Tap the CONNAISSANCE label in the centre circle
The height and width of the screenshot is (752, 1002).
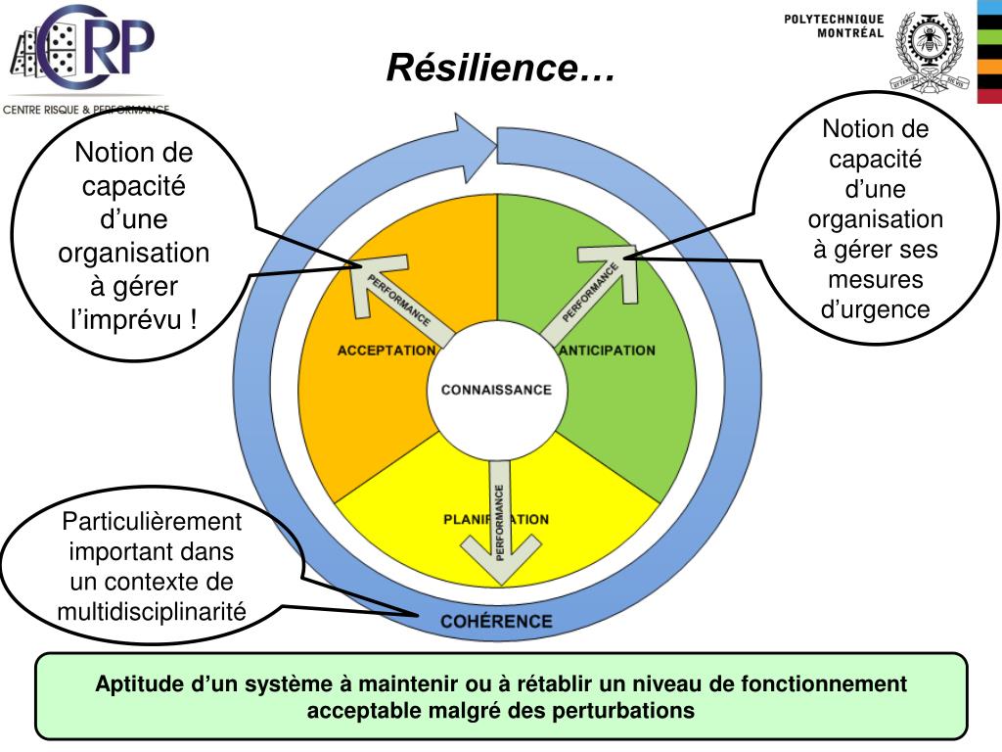(496, 390)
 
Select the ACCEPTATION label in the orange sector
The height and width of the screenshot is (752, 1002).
(386, 351)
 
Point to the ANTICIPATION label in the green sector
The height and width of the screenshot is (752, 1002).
(608, 351)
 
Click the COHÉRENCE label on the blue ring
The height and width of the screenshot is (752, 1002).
(496, 621)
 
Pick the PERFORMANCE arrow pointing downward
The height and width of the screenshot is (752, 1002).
(498, 529)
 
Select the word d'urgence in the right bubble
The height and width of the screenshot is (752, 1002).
(875, 310)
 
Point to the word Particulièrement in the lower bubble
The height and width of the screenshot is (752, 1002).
(151, 522)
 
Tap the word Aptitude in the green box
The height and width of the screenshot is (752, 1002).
(132, 684)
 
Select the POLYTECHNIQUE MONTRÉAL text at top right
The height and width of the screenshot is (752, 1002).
(835, 25)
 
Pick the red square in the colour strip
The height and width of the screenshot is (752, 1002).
(990, 95)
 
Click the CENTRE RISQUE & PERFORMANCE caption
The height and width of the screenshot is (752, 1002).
(86, 110)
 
